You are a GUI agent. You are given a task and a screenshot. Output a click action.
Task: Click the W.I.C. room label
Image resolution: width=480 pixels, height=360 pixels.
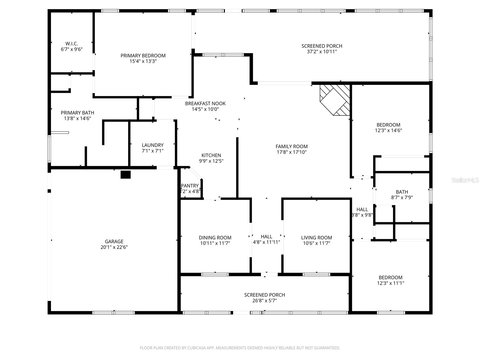pyautogui.click(x=72, y=43)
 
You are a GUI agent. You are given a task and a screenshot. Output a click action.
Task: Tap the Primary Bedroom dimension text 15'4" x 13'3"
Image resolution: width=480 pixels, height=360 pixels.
pyautogui.click(x=143, y=61)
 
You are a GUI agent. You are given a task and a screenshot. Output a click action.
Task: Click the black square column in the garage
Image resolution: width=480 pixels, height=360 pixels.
pyautogui.click(x=125, y=175)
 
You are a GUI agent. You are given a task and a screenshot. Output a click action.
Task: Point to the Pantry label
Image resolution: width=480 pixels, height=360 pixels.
pyautogui.click(x=190, y=186)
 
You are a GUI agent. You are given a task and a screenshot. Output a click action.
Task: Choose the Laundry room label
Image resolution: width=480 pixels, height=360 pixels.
pyautogui.click(x=152, y=145)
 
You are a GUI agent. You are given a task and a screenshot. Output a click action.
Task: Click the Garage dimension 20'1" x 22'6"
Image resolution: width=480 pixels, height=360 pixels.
pyautogui.click(x=114, y=247)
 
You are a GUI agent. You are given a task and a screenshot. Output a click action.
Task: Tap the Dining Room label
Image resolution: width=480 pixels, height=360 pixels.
pyautogui.click(x=215, y=238)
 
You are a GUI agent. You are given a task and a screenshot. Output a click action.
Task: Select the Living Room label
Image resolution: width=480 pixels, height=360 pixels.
pyautogui.click(x=316, y=238)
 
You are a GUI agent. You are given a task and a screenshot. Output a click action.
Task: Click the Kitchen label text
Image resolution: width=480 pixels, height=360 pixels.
pyautogui.click(x=211, y=155)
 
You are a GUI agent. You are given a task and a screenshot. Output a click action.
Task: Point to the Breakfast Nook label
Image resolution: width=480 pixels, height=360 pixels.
pyautogui.click(x=205, y=103)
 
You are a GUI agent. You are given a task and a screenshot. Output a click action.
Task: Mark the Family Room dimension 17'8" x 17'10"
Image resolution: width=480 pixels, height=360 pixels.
pyautogui.click(x=292, y=152)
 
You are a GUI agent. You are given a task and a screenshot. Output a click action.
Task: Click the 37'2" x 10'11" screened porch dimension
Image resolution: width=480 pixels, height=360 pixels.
pyautogui.click(x=322, y=52)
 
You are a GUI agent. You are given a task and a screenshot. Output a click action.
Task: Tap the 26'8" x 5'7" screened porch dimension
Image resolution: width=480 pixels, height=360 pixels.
pyautogui.click(x=264, y=301)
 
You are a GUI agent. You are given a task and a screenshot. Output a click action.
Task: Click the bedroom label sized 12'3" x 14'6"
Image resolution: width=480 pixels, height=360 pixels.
pyautogui.click(x=388, y=125)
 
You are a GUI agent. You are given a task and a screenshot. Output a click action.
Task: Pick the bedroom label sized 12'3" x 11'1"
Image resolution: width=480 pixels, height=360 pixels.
pyautogui.click(x=390, y=277)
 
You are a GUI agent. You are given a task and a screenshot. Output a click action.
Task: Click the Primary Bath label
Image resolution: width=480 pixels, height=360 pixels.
pyautogui.click(x=77, y=113)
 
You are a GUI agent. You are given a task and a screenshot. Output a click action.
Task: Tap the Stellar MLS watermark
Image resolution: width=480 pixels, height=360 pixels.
pyautogui.click(x=465, y=180)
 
